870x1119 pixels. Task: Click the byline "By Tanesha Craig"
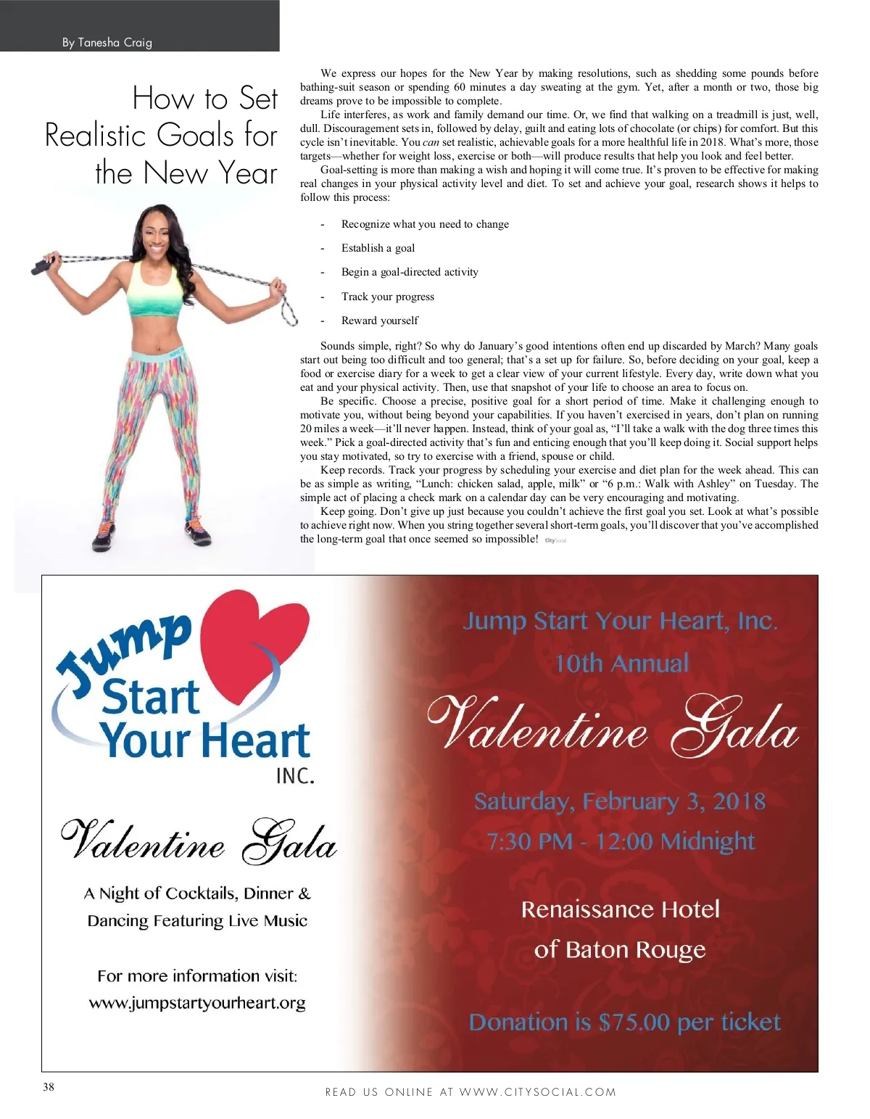107,43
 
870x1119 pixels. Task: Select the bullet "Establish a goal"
378,248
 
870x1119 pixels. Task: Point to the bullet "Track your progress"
388,297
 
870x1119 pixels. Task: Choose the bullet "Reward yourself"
380,321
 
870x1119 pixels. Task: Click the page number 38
49,1086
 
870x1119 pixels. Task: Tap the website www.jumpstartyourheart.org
197,1003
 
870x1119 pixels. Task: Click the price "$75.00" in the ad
634,1023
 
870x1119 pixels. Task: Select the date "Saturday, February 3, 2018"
620,801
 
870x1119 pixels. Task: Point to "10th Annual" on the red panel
622,663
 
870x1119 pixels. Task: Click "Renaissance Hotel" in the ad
621,909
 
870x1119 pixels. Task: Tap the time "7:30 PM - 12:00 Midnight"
621,841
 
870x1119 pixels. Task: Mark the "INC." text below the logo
295,776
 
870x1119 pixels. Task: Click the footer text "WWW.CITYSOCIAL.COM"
538,1092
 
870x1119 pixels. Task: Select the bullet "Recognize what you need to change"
425,224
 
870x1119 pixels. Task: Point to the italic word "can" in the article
431,142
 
